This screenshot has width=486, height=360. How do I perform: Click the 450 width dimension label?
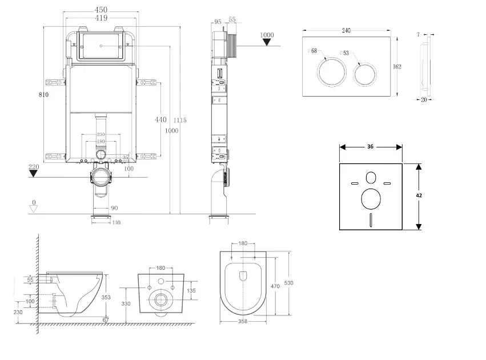click(101, 10)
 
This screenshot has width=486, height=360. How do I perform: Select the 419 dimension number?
click(101, 18)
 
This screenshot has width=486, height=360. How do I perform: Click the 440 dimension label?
click(160, 119)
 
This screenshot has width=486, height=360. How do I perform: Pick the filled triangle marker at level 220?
click(34, 173)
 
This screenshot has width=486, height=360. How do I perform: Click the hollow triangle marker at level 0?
click(34, 209)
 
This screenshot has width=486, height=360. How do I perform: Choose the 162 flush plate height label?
click(397, 67)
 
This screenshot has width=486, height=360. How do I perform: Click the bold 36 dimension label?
click(370, 147)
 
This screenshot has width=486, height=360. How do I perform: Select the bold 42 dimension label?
click(419, 195)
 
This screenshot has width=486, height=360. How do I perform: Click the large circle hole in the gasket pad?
click(371, 200)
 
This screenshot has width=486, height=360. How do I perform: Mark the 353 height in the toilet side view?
click(106, 297)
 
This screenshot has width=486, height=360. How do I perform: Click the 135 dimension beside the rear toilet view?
click(191, 291)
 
